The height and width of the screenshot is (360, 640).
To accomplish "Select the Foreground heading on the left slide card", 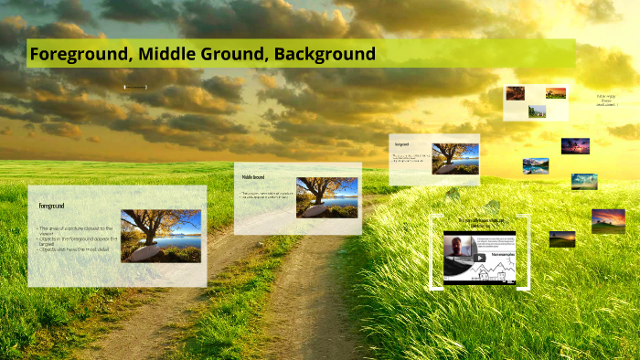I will point(51,206).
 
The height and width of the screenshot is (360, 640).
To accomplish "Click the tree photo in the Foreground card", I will point(161,236).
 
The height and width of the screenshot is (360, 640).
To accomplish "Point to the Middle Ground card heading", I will point(253,176).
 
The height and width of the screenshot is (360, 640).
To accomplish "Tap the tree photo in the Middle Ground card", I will point(326,196).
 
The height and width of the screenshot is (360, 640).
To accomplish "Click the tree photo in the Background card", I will point(454,158).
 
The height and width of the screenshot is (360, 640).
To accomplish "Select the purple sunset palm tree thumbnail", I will point(575,145).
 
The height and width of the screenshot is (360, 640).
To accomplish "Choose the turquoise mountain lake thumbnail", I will point(536,165).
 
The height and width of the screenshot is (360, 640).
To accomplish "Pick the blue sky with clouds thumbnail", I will point(584,181).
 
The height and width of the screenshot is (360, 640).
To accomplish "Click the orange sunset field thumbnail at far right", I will point(608,220).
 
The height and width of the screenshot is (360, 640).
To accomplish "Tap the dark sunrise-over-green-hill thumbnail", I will point(562,238).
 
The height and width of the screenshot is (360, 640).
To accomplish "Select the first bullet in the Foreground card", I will point(75,230).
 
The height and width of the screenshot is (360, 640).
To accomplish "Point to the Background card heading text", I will point(401,144).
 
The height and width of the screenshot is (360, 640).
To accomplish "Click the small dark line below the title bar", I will point(135,88).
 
